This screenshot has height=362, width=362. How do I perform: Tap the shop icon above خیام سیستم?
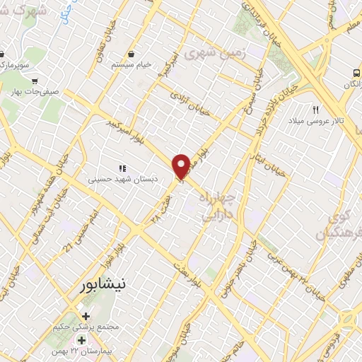(x=132, y=54)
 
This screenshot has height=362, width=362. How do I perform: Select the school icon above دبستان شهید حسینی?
(x=122, y=168)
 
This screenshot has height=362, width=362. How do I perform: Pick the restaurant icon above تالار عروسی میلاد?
(x=316, y=109)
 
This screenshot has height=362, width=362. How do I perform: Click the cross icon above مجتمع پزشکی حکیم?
(x=86, y=315)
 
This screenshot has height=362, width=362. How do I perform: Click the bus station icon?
(x=355, y=73)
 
